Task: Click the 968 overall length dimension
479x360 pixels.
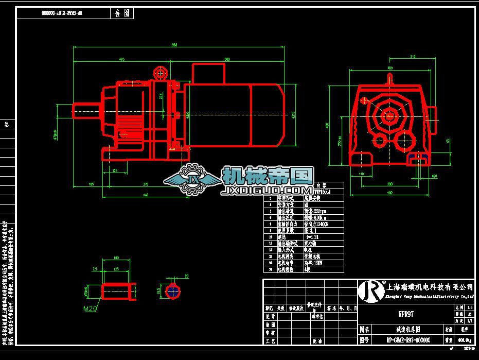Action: point(175,45)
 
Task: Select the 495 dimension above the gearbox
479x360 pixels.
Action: point(121,59)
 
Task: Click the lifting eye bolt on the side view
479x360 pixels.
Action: point(161,73)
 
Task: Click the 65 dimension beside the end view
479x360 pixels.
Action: point(448,140)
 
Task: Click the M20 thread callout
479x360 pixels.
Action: point(90,309)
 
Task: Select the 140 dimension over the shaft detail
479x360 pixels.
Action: point(116,258)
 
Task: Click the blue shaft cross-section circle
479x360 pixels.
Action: point(173,292)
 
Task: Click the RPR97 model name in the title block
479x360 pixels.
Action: point(405,314)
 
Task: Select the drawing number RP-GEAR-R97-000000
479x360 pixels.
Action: point(408,340)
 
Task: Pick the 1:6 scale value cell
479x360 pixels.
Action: point(469,307)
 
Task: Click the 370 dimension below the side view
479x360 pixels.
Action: point(146,184)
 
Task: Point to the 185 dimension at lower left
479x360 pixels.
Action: point(91,184)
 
